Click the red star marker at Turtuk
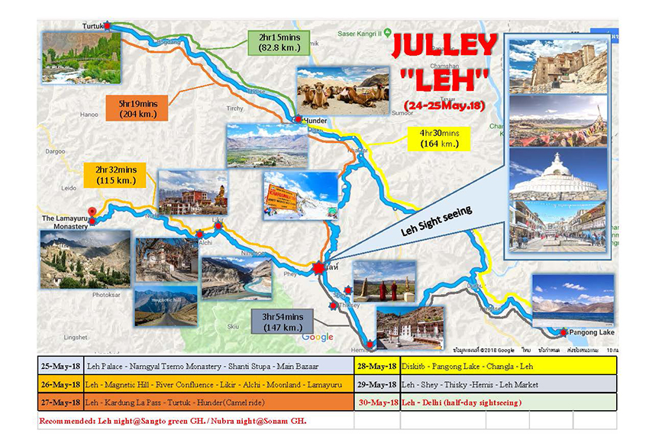click(x=108, y=26)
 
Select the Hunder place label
click(x=315, y=121)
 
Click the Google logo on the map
click(x=318, y=337)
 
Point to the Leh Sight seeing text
click(x=438, y=220)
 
